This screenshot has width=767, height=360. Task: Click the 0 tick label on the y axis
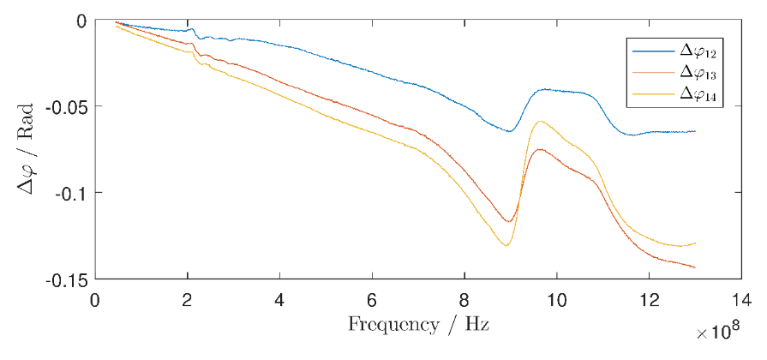coord(81,20)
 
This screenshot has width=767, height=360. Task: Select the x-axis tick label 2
coord(187,302)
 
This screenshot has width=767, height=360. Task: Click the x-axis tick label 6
coord(372,302)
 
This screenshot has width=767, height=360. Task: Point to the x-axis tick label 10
coord(557,302)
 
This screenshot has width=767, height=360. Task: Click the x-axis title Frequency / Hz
coord(418,326)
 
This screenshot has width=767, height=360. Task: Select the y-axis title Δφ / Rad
coord(26,150)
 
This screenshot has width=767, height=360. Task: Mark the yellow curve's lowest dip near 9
coord(506,246)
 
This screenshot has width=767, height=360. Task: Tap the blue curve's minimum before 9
coord(509,131)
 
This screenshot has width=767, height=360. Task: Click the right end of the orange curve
coord(695,267)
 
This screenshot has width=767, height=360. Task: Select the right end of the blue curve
coord(695,131)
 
